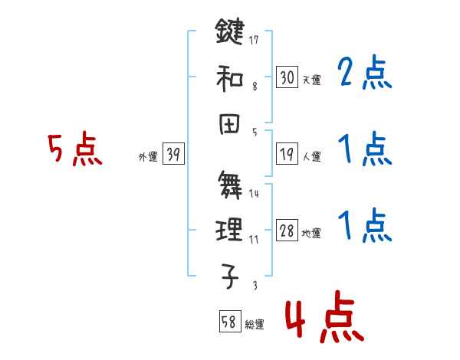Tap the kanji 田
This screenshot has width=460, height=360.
[229, 120]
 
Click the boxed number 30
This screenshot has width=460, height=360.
[287, 77]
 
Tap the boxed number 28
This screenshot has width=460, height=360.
[287, 231]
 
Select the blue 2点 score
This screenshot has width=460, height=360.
[365, 74]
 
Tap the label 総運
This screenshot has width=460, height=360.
[255, 324]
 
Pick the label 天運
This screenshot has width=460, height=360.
[311, 80]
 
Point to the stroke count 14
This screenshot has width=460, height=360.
[254, 194]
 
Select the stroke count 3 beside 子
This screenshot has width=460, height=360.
[254, 286]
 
